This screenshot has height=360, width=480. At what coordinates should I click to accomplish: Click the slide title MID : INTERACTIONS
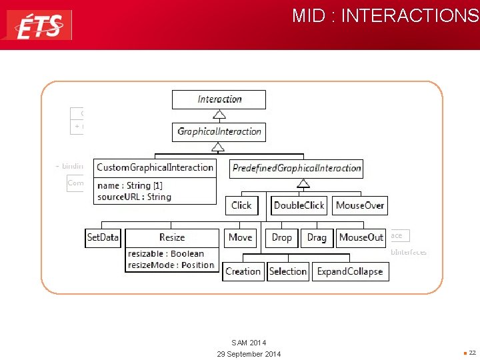pyautogui.click(x=385, y=15)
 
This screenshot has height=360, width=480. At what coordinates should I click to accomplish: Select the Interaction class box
pyautogui.click(x=219, y=99)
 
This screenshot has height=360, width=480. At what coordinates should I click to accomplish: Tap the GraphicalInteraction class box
pyautogui.click(x=219, y=131)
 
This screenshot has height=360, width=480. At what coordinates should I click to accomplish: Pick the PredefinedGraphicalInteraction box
pyautogui.click(x=297, y=168)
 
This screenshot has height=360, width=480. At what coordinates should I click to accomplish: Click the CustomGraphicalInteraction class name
pyautogui.click(x=155, y=167)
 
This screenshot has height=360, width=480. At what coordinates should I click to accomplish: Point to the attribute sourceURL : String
pyautogui.click(x=134, y=197)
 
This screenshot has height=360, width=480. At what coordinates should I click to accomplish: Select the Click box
pyautogui.click(x=241, y=205)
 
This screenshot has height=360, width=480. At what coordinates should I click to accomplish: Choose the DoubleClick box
pyautogui.click(x=299, y=205)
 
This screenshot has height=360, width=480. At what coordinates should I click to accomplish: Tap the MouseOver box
pyautogui.click(x=360, y=205)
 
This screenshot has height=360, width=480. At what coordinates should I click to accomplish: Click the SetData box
pyautogui.click(x=103, y=237)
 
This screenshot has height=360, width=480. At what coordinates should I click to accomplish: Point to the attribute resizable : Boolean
pyautogui.click(x=166, y=253)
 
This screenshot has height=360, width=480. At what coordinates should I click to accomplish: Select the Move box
pyautogui.click(x=241, y=237)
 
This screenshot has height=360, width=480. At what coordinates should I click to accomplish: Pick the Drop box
pyautogui.click(x=282, y=237)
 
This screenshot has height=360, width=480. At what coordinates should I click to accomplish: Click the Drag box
pyautogui.click(x=317, y=237)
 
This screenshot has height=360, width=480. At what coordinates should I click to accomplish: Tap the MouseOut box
pyautogui.click(x=361, y=237)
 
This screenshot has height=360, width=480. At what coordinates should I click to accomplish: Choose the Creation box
pyautogui.click(x=243, y=271)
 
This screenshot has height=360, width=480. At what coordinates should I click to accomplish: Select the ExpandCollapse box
pyautogui.click(x=350, y=271)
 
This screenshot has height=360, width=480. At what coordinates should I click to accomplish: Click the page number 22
pyautogui.click(x=472, y=353)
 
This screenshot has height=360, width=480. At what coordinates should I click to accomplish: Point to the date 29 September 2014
pyautogui.click(x=249, y=353)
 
